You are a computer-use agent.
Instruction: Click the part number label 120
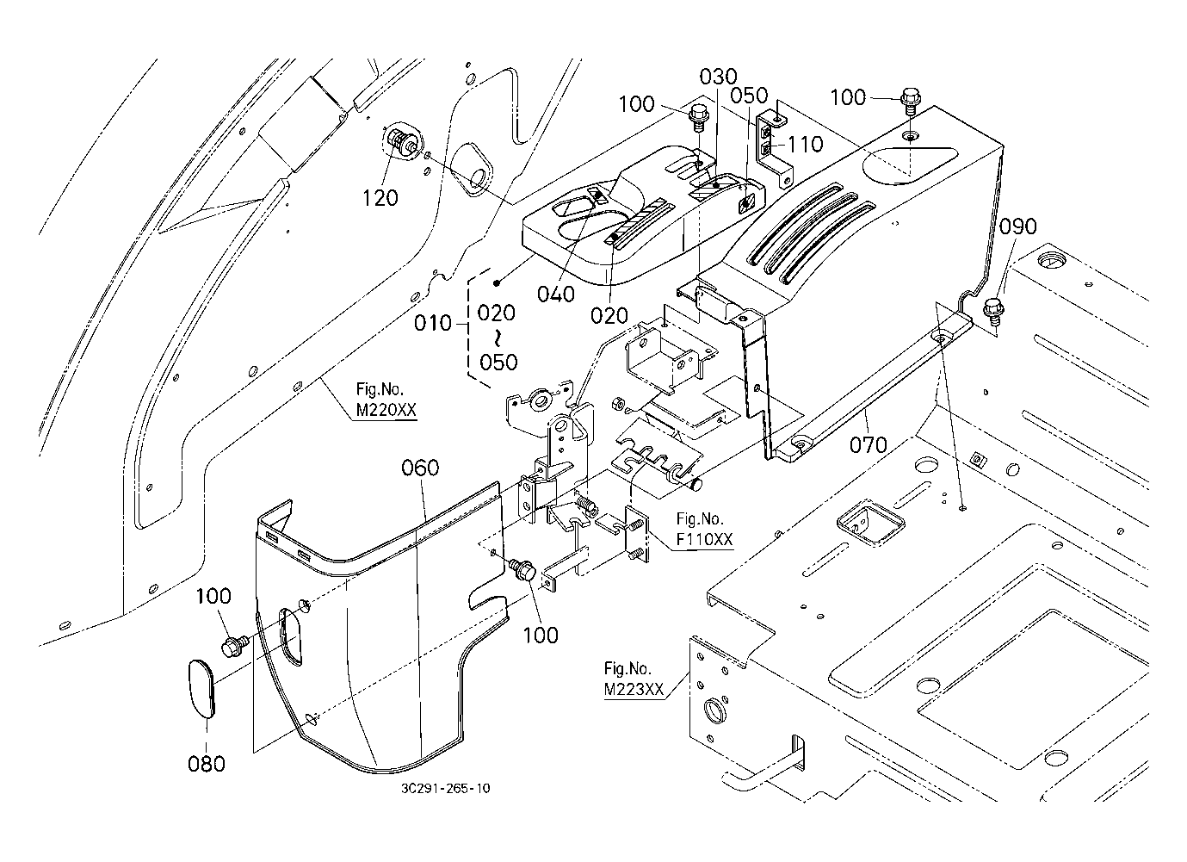380,197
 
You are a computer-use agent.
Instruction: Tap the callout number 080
207,763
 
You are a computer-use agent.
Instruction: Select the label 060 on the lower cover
420,468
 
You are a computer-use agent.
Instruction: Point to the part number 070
868,444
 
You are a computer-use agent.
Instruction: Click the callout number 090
1018,226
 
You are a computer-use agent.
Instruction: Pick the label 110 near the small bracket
805,144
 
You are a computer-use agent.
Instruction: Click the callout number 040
555,294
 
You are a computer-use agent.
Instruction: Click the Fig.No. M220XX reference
386,402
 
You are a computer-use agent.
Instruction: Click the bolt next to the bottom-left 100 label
233,643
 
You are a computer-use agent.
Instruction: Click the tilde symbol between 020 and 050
498,337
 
